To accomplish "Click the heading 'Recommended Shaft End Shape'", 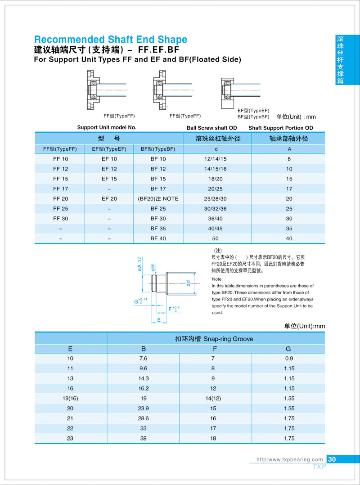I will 111,39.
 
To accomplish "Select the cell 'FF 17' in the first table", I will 60,189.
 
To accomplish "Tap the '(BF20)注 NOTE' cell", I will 158,198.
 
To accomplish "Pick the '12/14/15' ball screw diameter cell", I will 216,159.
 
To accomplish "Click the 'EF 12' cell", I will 109,169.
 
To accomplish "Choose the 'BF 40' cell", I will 158,238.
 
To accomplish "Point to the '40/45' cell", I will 216,229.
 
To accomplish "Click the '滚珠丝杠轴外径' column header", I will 216,139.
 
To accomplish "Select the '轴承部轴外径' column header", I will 289,139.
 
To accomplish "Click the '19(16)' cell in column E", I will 70,398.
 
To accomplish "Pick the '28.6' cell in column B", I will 143,418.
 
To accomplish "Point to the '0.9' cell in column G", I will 288,359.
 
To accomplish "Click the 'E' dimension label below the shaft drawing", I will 159,320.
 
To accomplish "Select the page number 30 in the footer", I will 332,459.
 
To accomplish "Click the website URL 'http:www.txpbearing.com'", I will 289,459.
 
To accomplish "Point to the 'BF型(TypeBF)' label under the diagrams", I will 253,117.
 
